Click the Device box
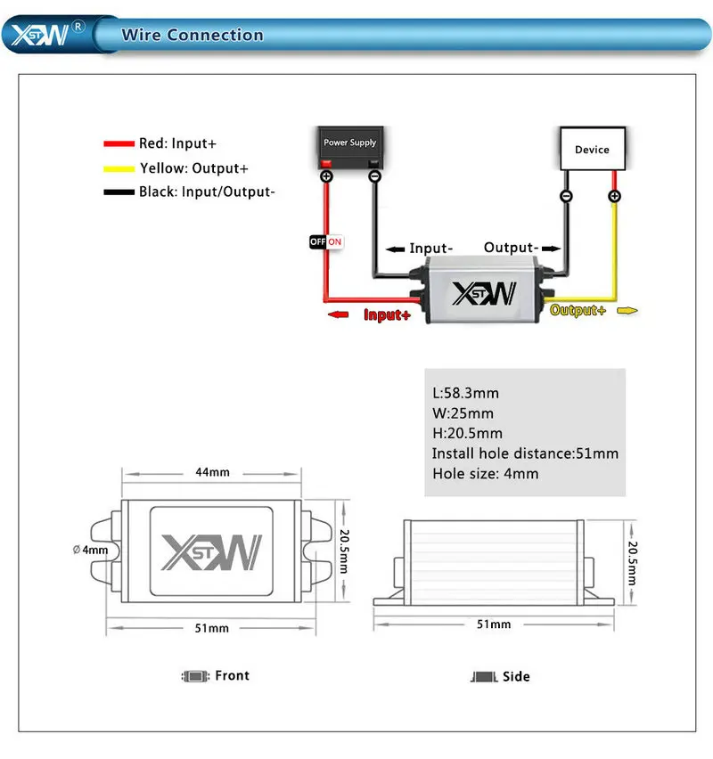click(x=592, y=149)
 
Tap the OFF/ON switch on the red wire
click(x=325, y=241)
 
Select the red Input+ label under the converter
click(x=387, y=314)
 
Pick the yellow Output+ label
click(x=578, y=310)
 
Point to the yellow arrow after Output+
click(x=628, y=310)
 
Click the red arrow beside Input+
click(x=339, y=314)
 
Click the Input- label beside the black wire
click(x=430, y=249)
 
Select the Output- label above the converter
click(x=511, y=247)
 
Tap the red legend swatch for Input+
click(x=118, y=143)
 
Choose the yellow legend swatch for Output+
click(x=118, y=167)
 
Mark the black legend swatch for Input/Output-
click(x=118, y=192)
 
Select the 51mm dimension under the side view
click(x=494, y=624)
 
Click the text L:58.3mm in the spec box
click(x=465, y=393)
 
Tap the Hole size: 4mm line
click(x=486, y=474)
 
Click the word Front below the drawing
click(x=232, y=675)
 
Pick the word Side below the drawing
click(x=516, y=676)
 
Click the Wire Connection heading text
click(x=193, y=36)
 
